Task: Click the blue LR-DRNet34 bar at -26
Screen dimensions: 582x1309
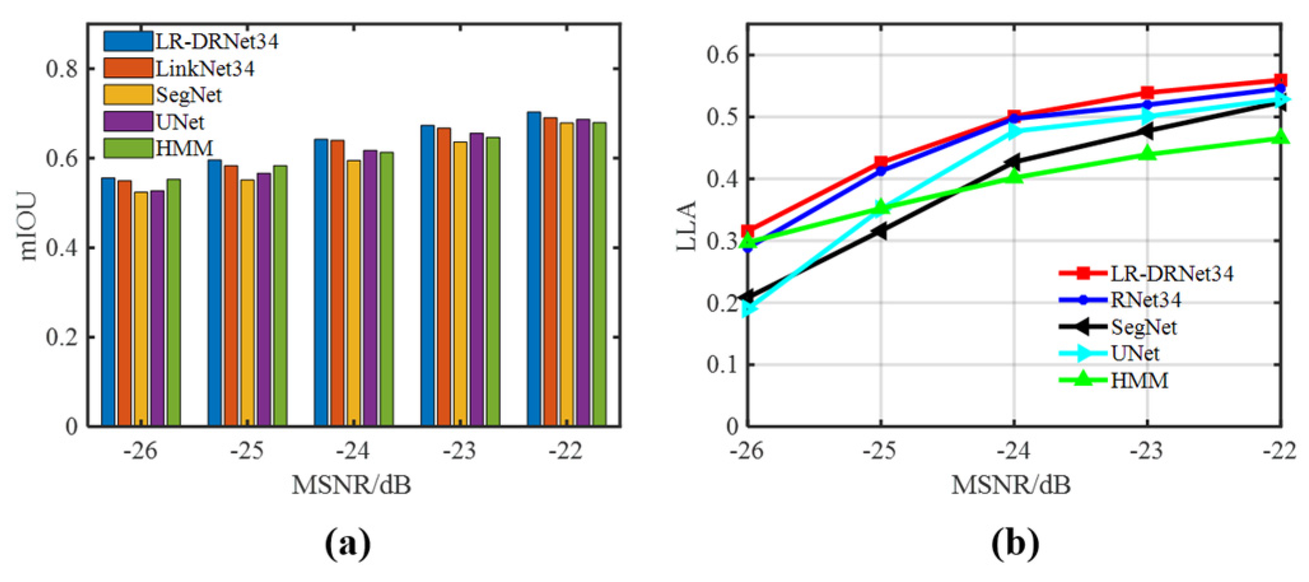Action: click(x=108, y=302)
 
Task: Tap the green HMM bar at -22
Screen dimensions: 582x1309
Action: click(x=599, y=274)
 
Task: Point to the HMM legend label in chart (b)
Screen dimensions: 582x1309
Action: click(x=1139, y=380)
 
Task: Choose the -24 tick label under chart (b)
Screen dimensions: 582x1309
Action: click(x=1013, y=450)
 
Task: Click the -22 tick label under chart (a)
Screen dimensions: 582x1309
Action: click(x=566, y=450)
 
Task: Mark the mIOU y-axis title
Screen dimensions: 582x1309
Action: click(x=28, y=226)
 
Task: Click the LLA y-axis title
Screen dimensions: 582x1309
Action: click(x=687, y=226)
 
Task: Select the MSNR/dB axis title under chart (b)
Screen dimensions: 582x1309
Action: click(x=1011, y=485)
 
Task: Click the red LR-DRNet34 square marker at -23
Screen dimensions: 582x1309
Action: click(x=1147, y=93)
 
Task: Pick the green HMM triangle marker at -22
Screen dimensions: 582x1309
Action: click(x=1280, y=137)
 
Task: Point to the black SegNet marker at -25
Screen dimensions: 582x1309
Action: click(x=879, y=231)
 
